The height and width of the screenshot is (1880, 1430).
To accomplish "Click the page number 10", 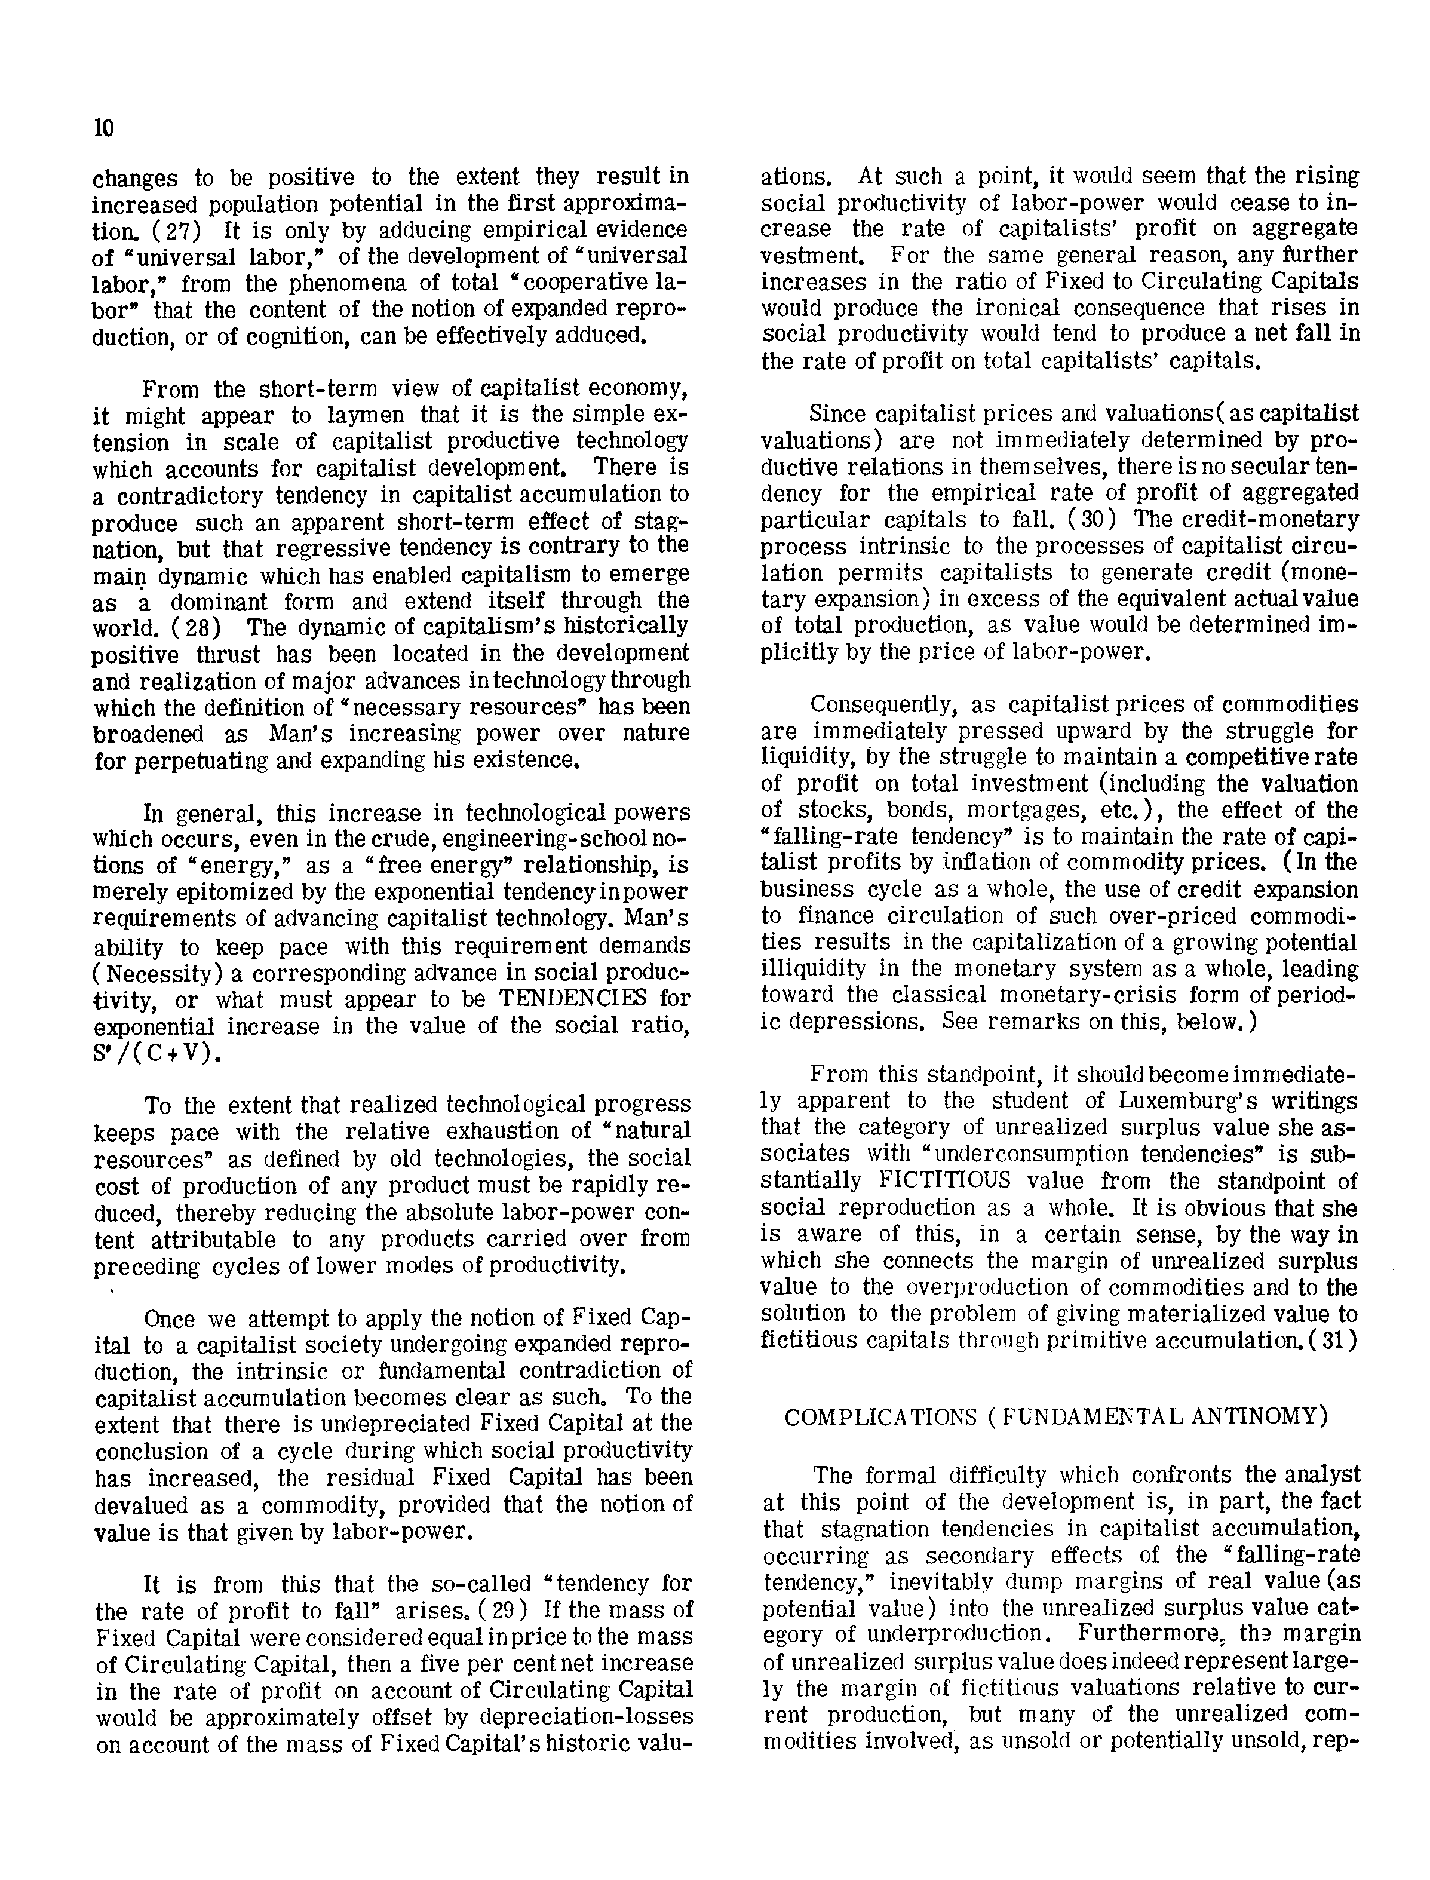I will coord(103,128).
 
